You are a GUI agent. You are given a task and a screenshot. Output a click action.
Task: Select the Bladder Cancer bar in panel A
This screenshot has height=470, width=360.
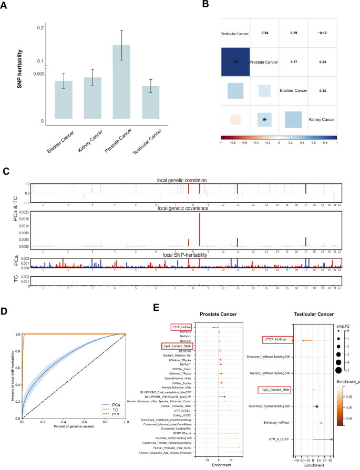(x=64, y=100)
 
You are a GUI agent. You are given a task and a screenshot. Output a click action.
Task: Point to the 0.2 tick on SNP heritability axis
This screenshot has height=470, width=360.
(x=41, y=28)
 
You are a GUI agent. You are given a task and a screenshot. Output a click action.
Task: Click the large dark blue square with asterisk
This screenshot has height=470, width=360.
(x=235, y=61)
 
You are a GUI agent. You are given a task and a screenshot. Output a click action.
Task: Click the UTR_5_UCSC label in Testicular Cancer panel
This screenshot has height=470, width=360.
(x=281, y=439)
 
